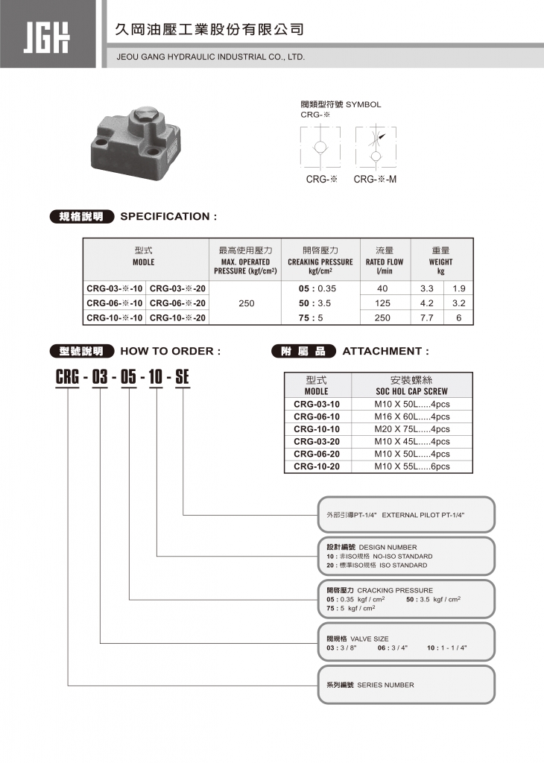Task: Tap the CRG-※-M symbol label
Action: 375,179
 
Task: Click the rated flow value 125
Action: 383,303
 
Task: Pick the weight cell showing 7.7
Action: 427,317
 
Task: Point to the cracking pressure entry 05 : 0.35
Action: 317,288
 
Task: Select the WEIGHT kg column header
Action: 440,262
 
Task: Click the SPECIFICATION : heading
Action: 168,217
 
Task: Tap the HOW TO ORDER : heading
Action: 170,351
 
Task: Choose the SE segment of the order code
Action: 182,377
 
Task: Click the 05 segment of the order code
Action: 128,377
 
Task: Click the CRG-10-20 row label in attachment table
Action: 317,466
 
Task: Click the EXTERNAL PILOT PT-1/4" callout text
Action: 423,515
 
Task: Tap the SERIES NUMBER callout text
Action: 385,685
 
